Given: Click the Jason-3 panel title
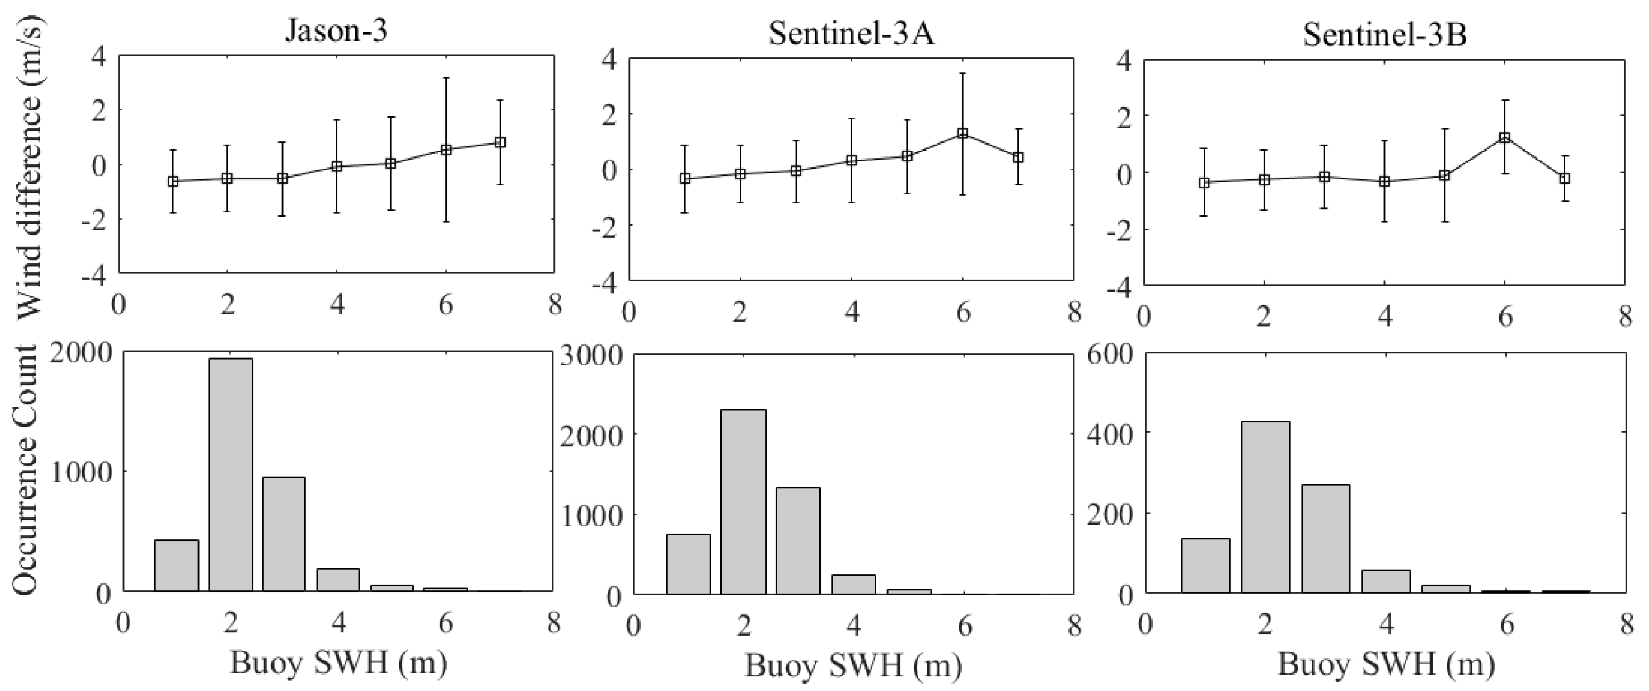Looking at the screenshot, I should (x=336, y=31).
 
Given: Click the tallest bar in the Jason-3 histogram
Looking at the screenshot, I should (x=230, y=474).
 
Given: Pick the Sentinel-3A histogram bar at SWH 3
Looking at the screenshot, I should (x=798, y=540).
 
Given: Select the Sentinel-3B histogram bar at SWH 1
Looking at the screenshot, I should (x=1205, y=565).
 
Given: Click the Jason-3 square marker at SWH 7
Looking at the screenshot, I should (x=500, y=143).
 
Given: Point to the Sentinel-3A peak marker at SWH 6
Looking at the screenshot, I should (x=962, y=134).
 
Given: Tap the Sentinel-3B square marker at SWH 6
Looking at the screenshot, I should (x=1505, y=138).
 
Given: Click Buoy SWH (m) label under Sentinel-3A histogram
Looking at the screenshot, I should (x=853, y=665).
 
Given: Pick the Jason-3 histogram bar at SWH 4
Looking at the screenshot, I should (x=338, y=579).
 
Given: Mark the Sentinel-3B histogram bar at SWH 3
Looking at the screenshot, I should (x=1325, y=538).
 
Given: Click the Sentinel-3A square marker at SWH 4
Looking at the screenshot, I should (x=851, y=161).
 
